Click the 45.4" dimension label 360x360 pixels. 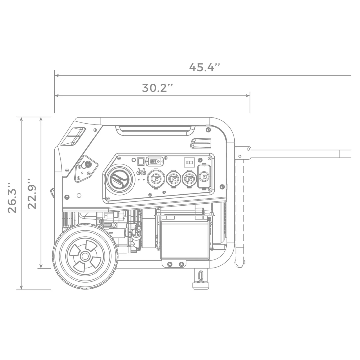[x=204, y=68]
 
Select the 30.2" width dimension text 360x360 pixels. [x=157, y=88]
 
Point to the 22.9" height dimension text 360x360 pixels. [x=32, y=193]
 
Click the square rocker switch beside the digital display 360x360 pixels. [x=141, y=161]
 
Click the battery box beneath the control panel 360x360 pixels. [x=185, y=239]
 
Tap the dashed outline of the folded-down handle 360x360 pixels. [x=239, y=214]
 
